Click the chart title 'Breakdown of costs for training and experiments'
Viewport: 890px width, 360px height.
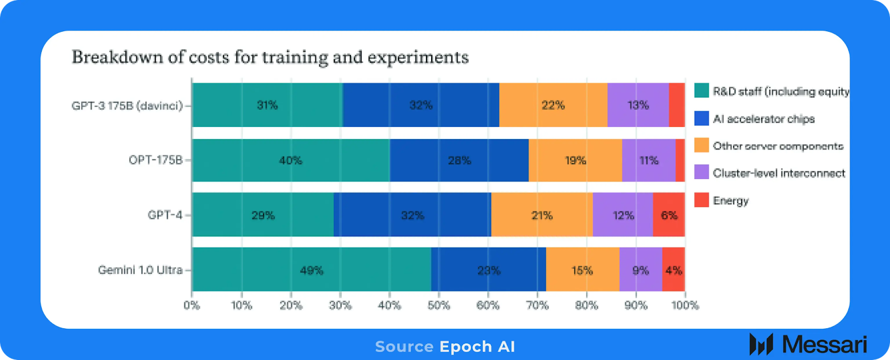click(x=270, y=57)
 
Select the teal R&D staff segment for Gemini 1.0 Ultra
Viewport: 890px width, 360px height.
click(x=311, y=270)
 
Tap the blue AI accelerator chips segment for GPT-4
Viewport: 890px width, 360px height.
click(x=412, y=215)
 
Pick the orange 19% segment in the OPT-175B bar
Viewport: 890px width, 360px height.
click(x=575, y=160)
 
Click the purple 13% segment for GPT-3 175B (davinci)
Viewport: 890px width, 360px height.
click(x=637, y=105)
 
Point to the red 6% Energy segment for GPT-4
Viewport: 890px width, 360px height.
click(x=669, y=215)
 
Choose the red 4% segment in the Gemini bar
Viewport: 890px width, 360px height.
click(x=673, y=270)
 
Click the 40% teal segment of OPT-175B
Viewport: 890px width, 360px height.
click(x=290, y=160)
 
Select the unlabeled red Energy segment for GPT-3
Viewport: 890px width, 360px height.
click(x=676, y=105)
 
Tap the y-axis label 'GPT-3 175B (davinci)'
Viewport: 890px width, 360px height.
click(x=127, y=106)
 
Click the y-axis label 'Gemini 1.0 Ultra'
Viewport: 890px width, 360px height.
click(x=140, y=270)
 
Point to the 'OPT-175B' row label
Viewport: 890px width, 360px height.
click(x=156, y=160)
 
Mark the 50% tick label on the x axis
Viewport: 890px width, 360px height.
click(x=438, y=305)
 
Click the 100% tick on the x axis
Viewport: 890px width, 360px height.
click(x=685, y=305)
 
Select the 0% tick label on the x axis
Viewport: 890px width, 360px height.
click(x=192, y=305)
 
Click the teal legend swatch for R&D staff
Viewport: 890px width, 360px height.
click(x=701, y=91)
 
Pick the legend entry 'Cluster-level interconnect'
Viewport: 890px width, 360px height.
click(x=779, y=173)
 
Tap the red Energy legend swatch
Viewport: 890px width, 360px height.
click(x=701, y=200)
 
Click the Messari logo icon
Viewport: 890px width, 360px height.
click(x=761, y=344)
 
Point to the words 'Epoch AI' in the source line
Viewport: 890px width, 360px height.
click(x=477, y=347)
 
